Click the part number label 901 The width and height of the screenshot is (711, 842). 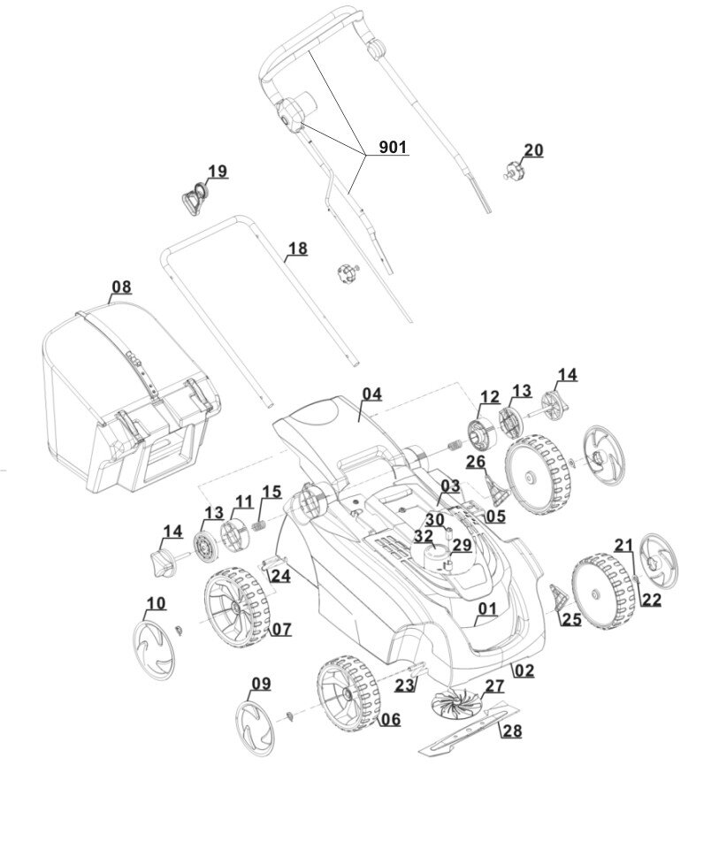point(394,148)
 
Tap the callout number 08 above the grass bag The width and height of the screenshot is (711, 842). point(121,287)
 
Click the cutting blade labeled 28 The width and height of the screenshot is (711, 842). point(463,727)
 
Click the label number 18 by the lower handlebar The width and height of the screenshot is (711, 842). point(298,249)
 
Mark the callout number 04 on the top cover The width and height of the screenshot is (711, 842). point(371,394)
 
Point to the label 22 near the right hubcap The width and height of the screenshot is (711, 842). point(652,600)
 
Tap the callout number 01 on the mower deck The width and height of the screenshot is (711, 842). point(487,609)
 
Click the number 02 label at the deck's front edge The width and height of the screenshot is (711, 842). point(524,670)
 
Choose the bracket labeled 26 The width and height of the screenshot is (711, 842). point(493,485)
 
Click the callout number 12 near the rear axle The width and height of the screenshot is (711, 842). point(490,397)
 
